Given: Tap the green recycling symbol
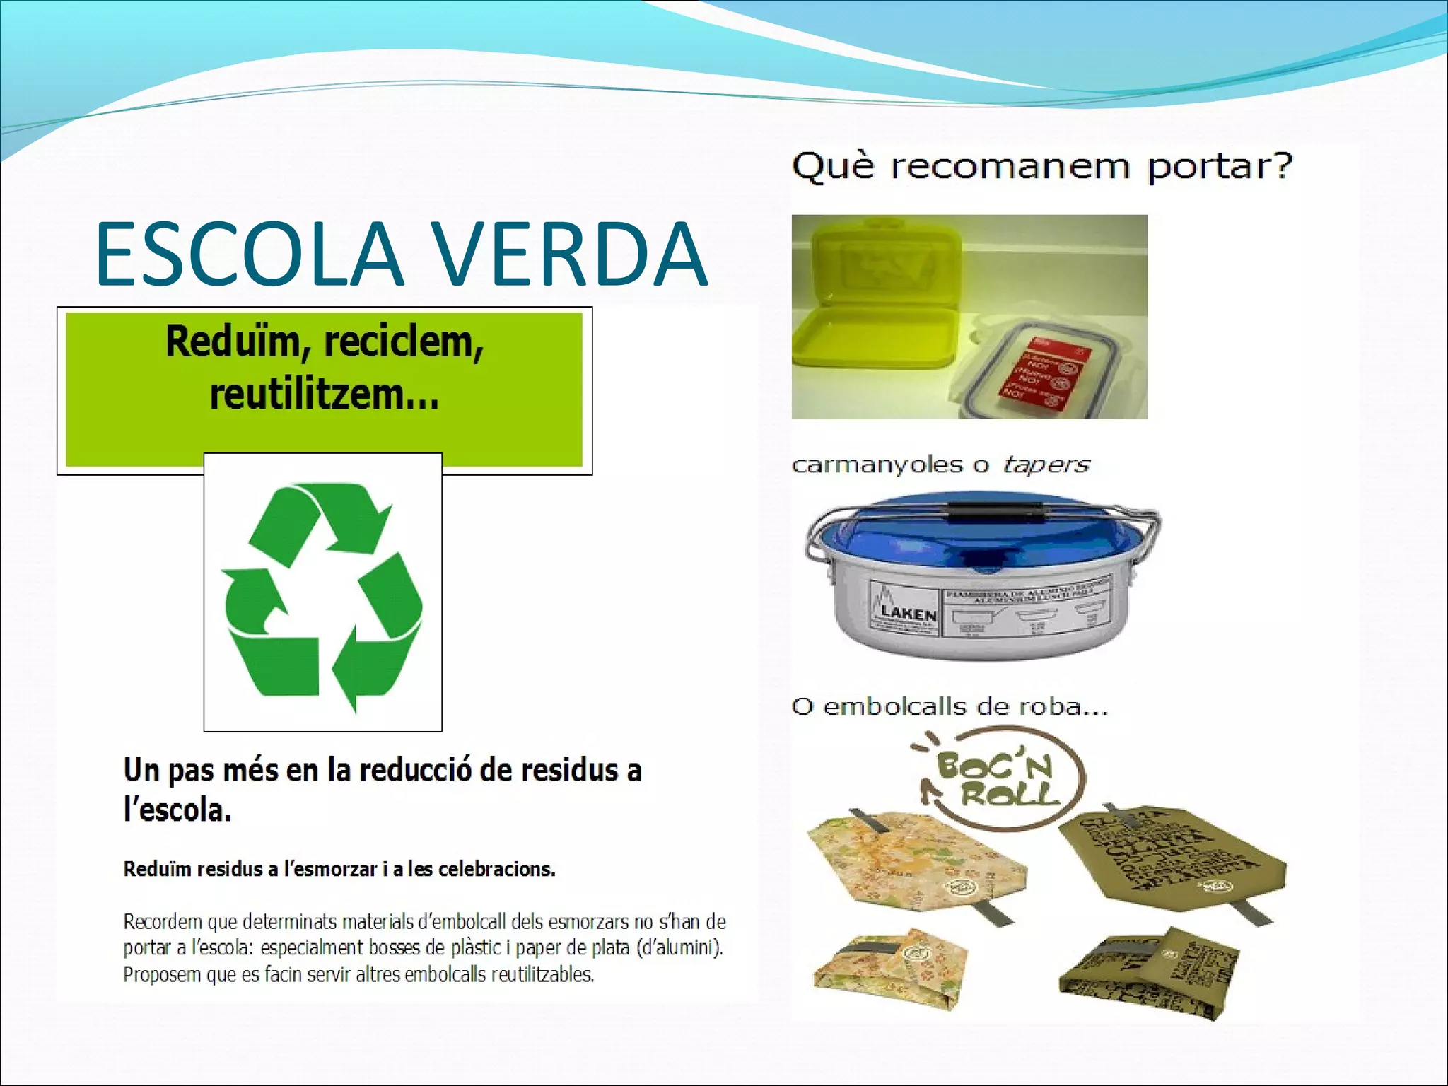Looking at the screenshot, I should tap(323, 594).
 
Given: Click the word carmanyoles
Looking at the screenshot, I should tap(877, 465).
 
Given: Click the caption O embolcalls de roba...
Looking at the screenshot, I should tap(949, 706).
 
